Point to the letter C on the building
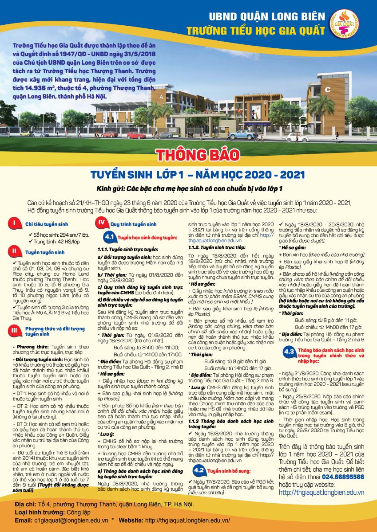(x=327, y=89)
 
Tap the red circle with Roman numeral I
(x=15, y=224)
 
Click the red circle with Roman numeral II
(x=15, y=252)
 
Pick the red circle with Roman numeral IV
(x=102, y=223)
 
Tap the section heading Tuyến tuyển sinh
(x=44, y=252)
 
